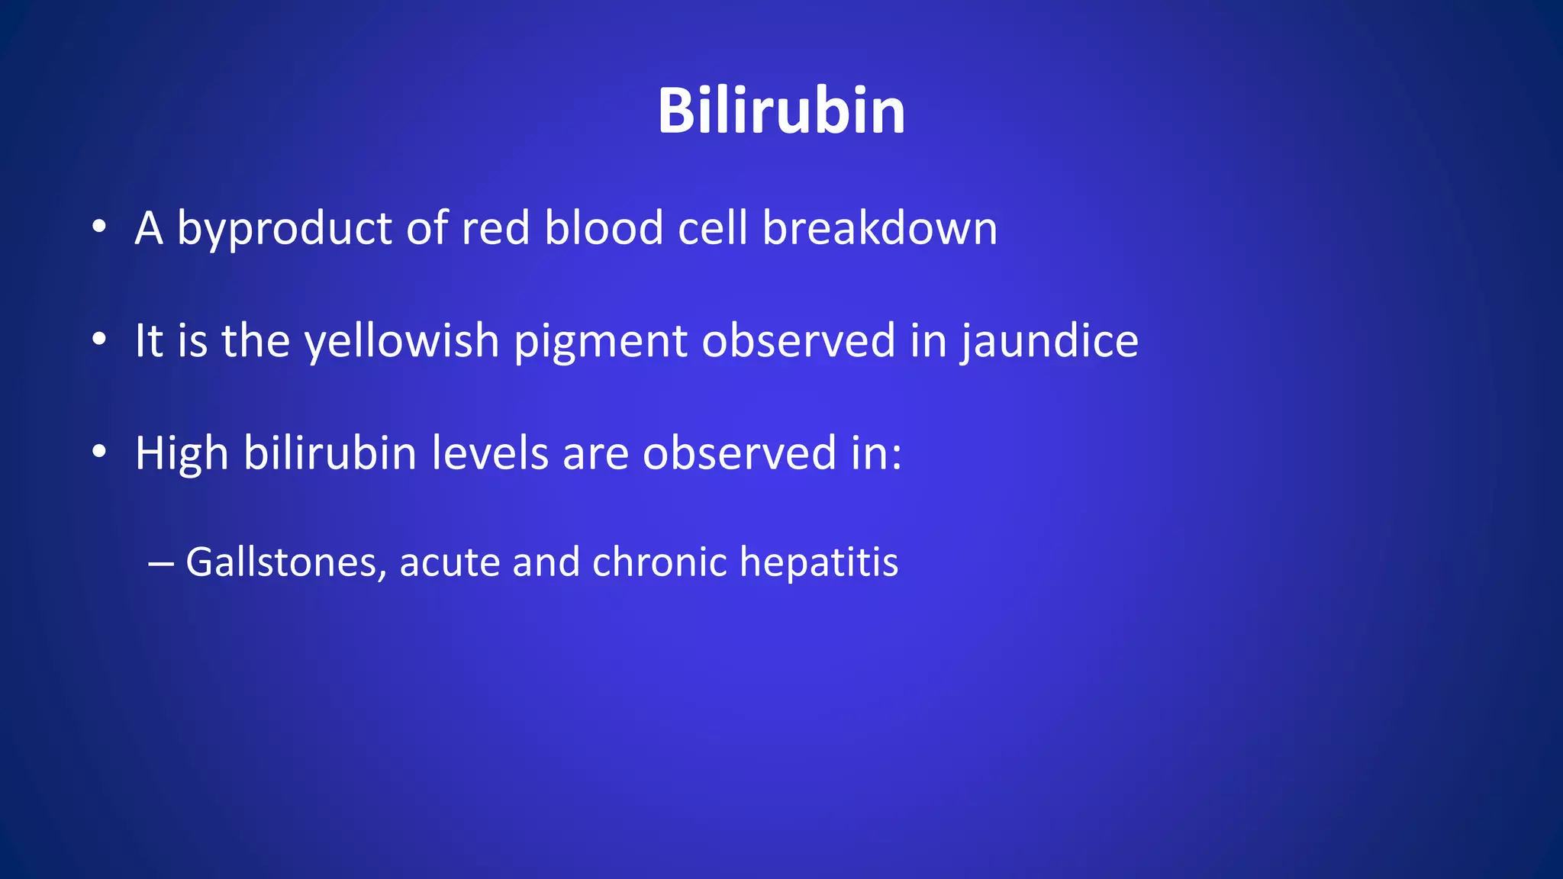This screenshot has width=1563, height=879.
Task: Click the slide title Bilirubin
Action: pyautogui.click(x=781, y=111)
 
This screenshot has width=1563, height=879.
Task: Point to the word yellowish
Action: pyautogui.click(x=401, y=340)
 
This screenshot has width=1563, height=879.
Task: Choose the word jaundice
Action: pyautogui.click(x=1049, y=340)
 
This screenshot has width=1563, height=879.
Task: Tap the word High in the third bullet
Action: pyautogui.click(x=182, y=453)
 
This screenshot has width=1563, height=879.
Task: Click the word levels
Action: pyautogui.click(x=489, y=453)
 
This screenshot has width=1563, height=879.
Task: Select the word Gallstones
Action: pyautogui.click(x=286, y=562)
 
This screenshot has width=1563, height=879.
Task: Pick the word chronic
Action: pyautogui.click(x=659, y=562)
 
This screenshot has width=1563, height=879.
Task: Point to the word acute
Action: pyautogui.click(x=449, y=562)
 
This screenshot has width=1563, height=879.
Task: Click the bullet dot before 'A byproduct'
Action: pyautogui.click(x=98, y=227)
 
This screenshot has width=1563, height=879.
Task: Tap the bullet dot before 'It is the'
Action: pyautogui.click(x=98, y=340)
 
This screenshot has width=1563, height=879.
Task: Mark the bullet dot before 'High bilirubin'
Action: pyautogui.click(x=98, y=452)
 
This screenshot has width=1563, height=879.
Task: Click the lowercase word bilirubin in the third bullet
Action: pyautogui.click(x=330, y=453)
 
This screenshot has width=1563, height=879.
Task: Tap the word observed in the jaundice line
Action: pyautogui.click(x=798, y=340)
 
